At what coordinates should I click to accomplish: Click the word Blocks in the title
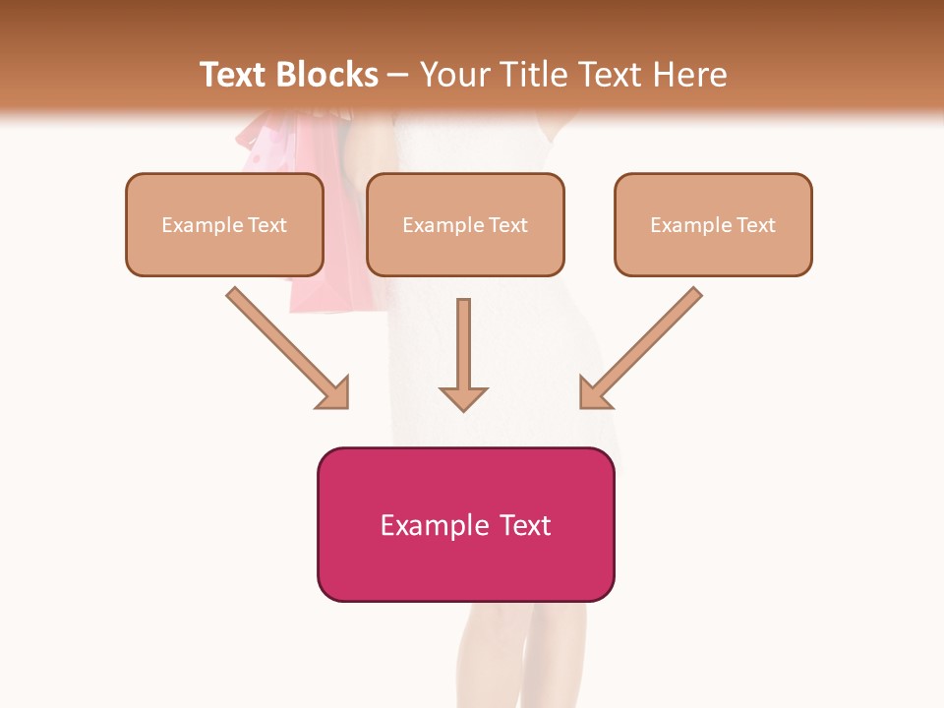click(328, 75)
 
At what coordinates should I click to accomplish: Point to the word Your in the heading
click(451, 75)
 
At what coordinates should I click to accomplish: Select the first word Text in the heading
click(236, 75)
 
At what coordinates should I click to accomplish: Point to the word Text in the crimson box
click(524, 526)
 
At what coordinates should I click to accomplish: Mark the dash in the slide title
click(398, 75)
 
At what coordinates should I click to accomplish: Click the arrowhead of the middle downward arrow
click(463, 398)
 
